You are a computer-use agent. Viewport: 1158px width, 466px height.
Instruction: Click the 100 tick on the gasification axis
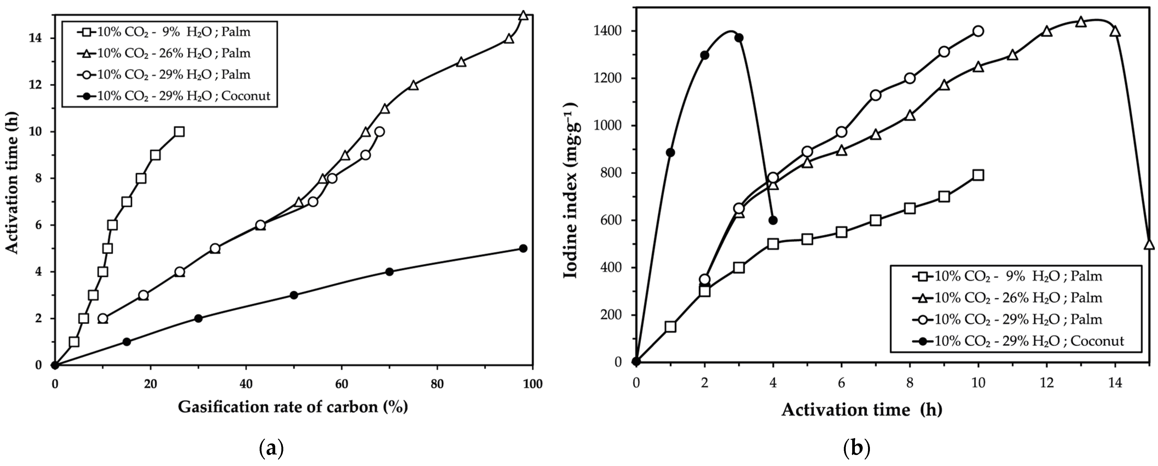[533, 384]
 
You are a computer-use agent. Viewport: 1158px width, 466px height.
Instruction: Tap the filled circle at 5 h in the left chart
[523, 248]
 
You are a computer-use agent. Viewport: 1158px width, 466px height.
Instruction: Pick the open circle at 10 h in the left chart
[379, 131]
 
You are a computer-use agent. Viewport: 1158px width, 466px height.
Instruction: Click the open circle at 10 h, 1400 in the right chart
[978, 31]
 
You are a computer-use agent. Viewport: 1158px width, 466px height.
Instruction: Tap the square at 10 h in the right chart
[978, 175]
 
